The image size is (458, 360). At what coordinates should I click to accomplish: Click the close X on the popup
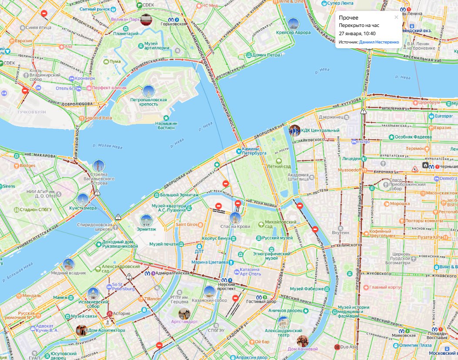point(396,17)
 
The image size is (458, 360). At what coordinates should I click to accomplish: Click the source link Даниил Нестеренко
point(379,42)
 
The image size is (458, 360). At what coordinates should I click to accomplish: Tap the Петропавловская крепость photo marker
point(148,91)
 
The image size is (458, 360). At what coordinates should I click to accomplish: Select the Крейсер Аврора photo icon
point(294,24)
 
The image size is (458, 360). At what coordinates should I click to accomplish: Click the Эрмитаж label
point(146,229)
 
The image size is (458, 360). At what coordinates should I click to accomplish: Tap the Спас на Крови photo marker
point(235,218)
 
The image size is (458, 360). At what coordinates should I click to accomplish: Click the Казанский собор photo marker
point(209,292)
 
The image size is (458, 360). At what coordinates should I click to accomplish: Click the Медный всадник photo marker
point(68,264)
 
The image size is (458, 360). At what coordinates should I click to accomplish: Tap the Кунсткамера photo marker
point(83,200)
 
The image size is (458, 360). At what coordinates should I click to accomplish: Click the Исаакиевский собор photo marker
point(93,293)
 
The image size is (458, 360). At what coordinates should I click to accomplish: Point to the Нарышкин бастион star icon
point(166,118)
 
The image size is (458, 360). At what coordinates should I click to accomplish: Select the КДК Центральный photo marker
point(294,130)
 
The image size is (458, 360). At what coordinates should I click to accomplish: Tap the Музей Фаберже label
point(307,289)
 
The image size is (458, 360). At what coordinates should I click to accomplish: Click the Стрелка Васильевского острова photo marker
point(99,166)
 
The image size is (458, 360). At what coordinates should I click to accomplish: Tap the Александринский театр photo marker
point(283,322)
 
